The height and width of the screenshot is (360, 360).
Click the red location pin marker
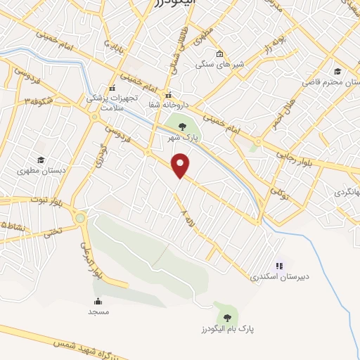click(181, 165)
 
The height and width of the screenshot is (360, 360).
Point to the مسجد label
click(98, 311)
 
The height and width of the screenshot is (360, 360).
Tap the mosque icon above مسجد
click(98, 301)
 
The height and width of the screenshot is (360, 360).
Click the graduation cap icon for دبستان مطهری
click(41, 160)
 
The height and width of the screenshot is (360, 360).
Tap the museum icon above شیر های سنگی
click(219, 54)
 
